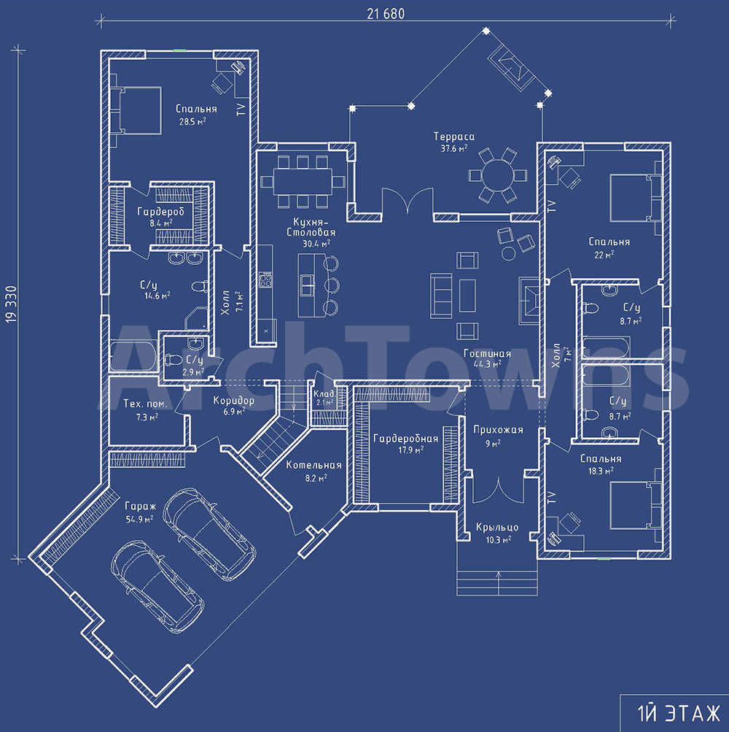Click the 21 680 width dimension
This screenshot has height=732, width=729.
pyautogui.click(x=386, y=14)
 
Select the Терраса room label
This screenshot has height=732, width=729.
pyautogui.click(x=454, y=136)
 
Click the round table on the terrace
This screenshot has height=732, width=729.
pyautogui.click(x=498, y=175)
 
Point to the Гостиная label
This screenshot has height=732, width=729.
pyautogui.click(x=488, y=353)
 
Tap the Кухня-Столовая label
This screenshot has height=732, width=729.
pyautogui.click(x=311, y=226)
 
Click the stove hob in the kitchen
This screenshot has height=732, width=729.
pyautogui.click(x=265, y=280)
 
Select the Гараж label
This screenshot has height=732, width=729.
pyautogui.click(x=141, y=506)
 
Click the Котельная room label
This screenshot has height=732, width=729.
pyautogui.click(x=313, y=465)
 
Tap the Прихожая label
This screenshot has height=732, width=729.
pyautogui.click(x=498, y=429)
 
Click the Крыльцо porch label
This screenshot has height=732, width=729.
pyautogui.click(x=497, y=528)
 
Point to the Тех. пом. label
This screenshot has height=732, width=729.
pyautogui.click(x=145, y=404)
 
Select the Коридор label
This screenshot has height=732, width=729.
pyautogui.click(x=234, y=401)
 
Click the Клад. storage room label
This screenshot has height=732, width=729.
pyautogui.click(x=324, y=393)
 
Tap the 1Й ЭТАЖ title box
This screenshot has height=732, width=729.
pyautogui.click(x=674, y=713)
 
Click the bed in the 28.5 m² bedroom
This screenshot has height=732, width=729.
pyautogui.click(x=136, y=111)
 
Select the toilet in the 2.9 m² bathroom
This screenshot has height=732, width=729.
pyautogui.click(x=174, y=360)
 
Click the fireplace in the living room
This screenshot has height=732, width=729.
pyautogui.click(x=529, y=300)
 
